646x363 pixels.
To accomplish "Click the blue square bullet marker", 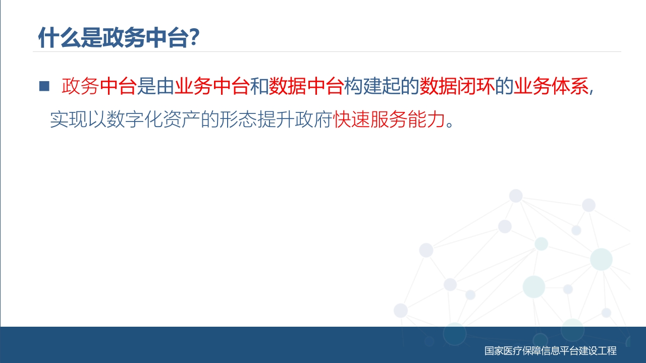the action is click(x=44, y=86).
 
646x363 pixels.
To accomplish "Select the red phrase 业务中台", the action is click(x=212, y=86).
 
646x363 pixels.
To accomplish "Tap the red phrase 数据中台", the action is click(x=306, y=86).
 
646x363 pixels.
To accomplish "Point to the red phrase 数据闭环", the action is click(x=457, y=86).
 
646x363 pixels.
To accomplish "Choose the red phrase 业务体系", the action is click(x=551, y=86).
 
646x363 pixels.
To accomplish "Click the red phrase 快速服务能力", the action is click(x=389, y=119).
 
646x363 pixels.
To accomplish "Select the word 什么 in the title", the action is click(x=59, y=37).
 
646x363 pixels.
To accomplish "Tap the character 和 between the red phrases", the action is click(x=259, y=86).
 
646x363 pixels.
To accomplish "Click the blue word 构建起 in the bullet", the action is click(x=372, y=86).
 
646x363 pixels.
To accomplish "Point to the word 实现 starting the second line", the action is click(x=69, y=119).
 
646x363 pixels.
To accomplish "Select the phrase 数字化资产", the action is click(x=153, y=119).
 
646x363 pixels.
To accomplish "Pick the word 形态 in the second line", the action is click(x=238, y=119).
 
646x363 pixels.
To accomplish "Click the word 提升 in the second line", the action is click(x=276, y=119).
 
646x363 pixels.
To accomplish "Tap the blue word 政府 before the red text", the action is click(x=314, y=119).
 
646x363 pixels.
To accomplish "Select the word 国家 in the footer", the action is click(x=494, y=350).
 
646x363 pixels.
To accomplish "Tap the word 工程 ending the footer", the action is click(x=607, y=350).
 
